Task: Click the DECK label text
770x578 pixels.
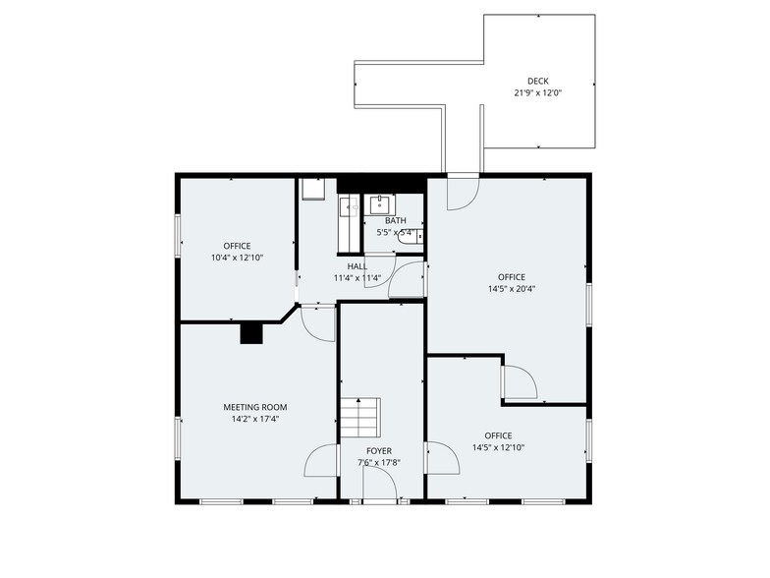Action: [537, 82]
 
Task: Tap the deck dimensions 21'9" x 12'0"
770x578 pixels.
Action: [537, 93]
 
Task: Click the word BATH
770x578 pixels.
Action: [395, 221]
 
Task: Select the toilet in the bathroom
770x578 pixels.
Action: [416, 235]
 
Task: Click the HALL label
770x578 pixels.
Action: [357, 265]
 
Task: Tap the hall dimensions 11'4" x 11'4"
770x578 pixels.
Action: [357, 277]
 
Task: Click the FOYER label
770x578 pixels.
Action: [379, 451]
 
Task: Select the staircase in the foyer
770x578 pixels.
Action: [360, 419]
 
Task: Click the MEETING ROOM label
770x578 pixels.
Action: [255, 407]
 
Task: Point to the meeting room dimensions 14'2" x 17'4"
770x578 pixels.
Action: [255, 419]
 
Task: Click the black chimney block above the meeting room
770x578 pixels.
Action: [252, 333]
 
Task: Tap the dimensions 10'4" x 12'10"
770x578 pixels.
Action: [237, 258]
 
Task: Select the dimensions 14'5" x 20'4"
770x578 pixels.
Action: [512, 289]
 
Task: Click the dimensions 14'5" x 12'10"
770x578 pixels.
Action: [498, 447]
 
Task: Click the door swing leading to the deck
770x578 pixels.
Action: [461, 193]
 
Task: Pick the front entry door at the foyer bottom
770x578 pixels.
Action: [379, 484]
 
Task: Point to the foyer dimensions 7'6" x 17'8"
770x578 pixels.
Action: [379, 462]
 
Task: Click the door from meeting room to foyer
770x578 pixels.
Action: [323, 460]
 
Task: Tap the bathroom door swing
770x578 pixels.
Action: [407, 280]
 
